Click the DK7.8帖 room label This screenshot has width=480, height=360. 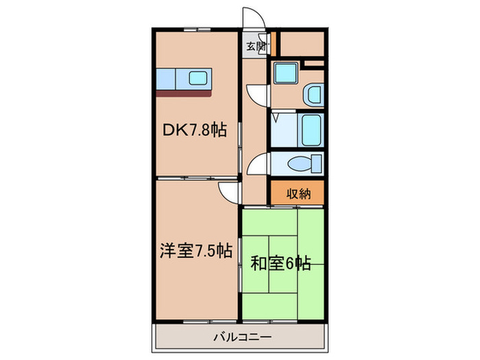[x=194, y=128]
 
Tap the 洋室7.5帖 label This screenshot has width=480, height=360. [x=195, y=252]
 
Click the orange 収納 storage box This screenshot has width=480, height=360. [x=296, y=193]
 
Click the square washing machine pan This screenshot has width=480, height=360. [x=285, y=74]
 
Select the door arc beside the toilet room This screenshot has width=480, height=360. [x=257, y=164]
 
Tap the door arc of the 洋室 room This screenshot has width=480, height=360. [x=228, y=192]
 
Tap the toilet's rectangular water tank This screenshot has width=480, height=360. [x=317, y=163]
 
